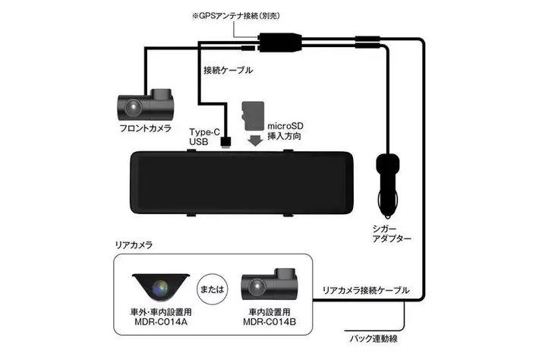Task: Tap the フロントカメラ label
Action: (x=146, y=128)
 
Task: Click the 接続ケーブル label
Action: (x=229, y=70)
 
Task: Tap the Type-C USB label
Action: (x=204, y=136)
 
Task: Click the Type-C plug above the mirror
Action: (x=226, y=141)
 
